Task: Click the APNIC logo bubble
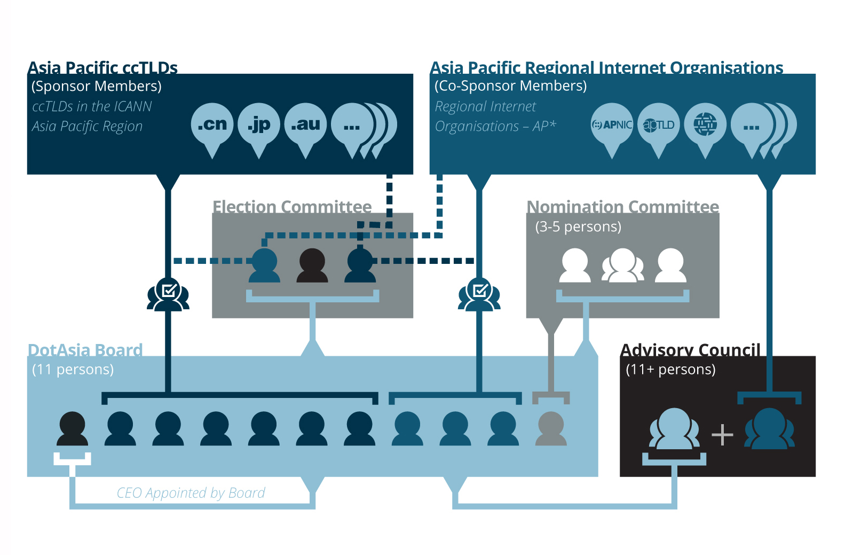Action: [x=612, y=125]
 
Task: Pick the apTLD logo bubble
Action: [x=659, y=125]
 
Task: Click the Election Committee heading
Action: [x=292, y=207]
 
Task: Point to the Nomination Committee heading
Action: [x=622, y=207]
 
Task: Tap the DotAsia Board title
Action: [x=85, y=350]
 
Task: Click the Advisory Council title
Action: [x=690, y=350]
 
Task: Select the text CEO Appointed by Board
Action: [x=191, y=493]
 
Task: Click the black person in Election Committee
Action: [x=312, y=265]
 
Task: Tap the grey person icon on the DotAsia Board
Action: [x=551, y=428]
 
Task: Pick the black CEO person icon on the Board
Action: [x=72, y=428]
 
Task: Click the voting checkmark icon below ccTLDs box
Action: [x=168, y=294]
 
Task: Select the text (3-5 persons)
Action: [x=578, y=226]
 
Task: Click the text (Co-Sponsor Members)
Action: [x=510, y=86]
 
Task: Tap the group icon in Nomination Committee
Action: [x=622, y=265]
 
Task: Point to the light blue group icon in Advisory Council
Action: [x=674, y=428]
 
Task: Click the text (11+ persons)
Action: [x=670, y=369]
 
